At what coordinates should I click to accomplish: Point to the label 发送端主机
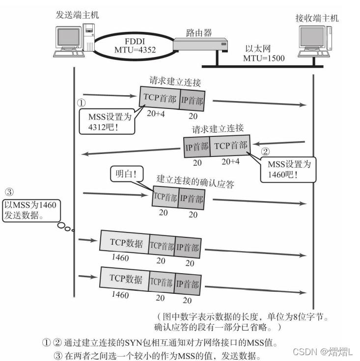click(x=77, y=15)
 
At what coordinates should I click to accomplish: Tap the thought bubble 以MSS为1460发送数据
click(x=29, y=209)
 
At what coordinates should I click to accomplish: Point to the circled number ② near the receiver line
click(x=265, y=151)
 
